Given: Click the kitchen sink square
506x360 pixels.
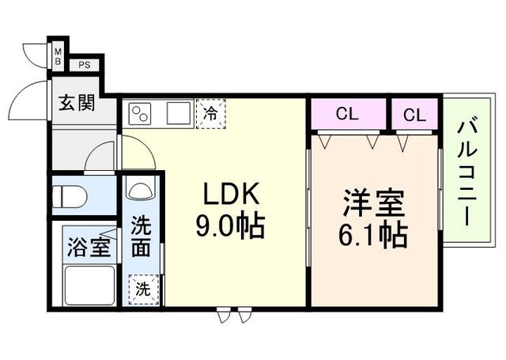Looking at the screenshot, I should tap(177, 112).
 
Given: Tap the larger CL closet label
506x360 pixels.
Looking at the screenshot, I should tap(347, 114).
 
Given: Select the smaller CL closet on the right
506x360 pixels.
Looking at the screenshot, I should tap(413, 114).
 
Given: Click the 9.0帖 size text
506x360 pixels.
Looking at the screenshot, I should tap(229, 226).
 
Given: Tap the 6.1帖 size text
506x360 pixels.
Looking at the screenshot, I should tap(374, 234).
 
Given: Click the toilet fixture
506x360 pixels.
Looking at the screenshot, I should tap(66, 195).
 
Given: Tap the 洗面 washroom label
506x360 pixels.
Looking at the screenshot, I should tap(141, 236).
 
